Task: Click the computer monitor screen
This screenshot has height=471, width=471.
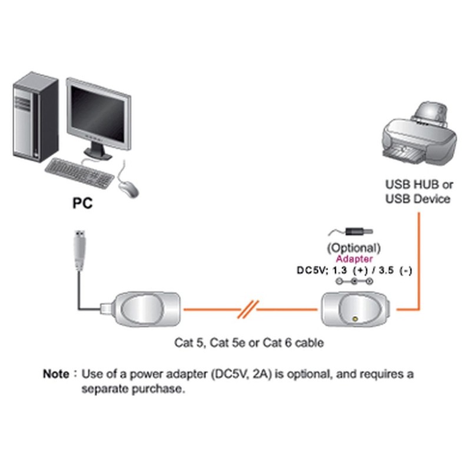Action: point(97,115)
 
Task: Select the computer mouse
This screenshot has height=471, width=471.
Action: point(128,188)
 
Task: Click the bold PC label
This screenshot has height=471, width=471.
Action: point(82,204)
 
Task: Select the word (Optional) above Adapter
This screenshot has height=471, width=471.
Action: point(353,247)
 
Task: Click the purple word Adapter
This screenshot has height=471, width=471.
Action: point(353,259)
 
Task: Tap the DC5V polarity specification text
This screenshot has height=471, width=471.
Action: point(353,271)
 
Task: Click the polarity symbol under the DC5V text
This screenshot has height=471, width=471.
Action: point(354,283)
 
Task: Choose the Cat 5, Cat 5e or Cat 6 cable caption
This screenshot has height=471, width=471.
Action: point(248,342)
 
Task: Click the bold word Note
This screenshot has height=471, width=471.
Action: point(56,373)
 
